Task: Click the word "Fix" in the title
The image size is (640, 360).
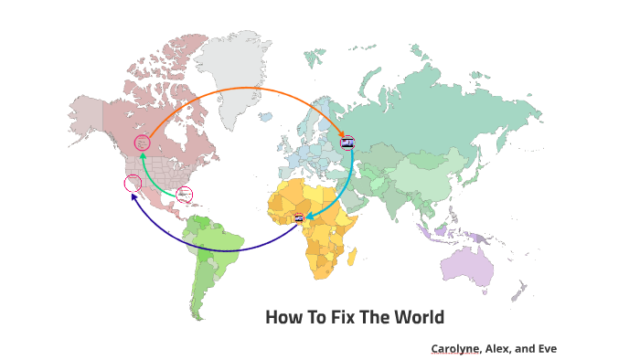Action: point(323,318)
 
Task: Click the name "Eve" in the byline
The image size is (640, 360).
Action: point(546,348)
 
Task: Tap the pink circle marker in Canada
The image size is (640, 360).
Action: point(142,143)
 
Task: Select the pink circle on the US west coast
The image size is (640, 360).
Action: point(133,183)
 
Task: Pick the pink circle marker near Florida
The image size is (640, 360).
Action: point(184,194)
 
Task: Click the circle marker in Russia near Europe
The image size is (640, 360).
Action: point(347,143)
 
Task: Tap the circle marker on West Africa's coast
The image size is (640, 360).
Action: point(299,217)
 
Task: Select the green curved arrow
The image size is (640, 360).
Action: point(146,174)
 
